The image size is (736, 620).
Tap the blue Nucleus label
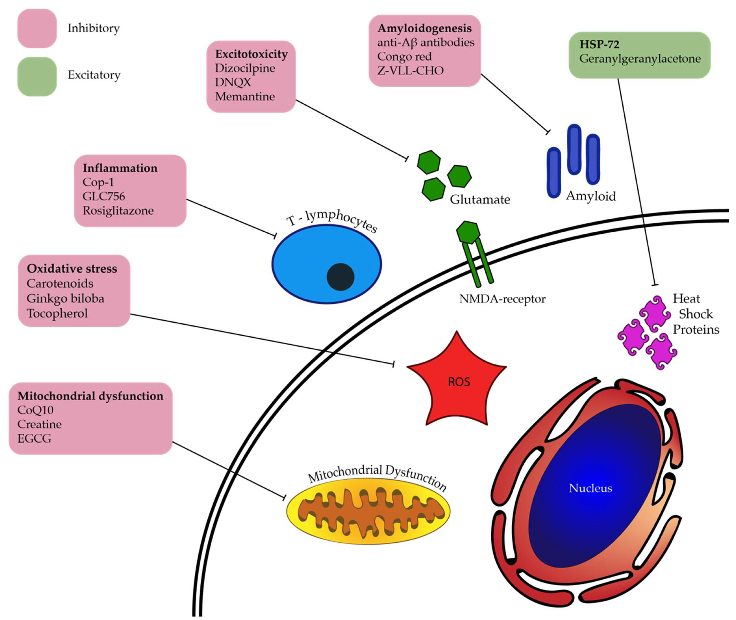[x=590, y=488]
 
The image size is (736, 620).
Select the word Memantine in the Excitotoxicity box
[x=245, y=96]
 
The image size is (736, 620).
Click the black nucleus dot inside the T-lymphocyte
[x=340, y=277]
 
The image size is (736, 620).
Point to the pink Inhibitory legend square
[x=37, y=28]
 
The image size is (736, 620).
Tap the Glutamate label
[x=480, y=200]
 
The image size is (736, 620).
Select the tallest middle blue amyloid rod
[x=574, y=149]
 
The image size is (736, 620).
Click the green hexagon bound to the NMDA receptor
[x=468, y=232]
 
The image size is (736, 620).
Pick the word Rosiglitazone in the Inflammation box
[x=118, y=211]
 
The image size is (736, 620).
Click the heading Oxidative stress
[x=72, y=268]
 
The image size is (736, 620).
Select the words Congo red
[x=404, y=57]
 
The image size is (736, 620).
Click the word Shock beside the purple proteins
[x=696, y=314]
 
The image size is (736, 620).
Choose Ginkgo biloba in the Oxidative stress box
[x=65, y=298]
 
